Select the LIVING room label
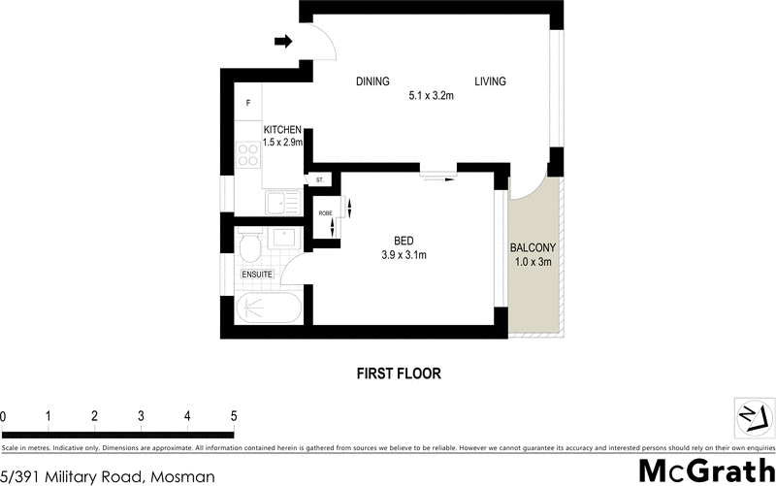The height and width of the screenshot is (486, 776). coord(490,82)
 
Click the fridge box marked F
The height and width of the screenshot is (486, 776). coord(248,103)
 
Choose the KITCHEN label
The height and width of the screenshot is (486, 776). coord(282,130)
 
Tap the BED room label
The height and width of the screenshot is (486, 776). coord(404,241)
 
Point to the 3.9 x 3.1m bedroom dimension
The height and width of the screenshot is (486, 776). coord(404,255)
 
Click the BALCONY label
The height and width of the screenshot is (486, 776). coord(533,246)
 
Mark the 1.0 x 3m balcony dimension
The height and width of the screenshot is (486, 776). coord(533,261)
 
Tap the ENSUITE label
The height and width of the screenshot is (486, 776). coord(257,275)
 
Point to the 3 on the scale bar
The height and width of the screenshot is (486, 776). coord(142,416)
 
